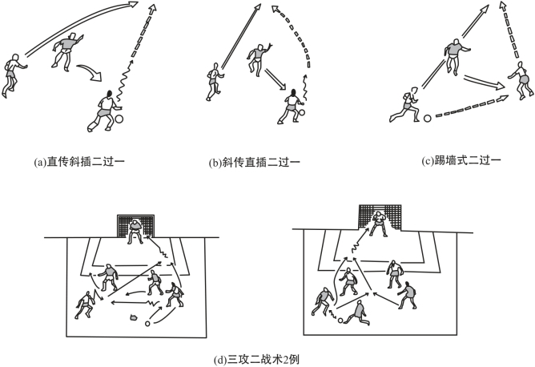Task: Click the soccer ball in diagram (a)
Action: tap(119, 119)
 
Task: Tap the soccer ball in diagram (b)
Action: tap(302, 112)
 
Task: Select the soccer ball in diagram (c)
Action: tap(427, 119)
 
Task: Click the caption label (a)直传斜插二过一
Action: tap(79, 162)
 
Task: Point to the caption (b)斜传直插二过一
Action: tap(254, 162)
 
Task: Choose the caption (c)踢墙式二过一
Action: tap(461, 160)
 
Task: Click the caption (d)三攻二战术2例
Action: tap(256, 360)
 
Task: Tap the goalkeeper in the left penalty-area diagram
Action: tap(135, 232)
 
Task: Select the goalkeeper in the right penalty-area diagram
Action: tap(377, 224)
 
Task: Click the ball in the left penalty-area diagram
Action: tap(147, 323)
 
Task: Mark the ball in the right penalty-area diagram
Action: tap(340, 321)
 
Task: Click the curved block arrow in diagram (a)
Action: tap(90, 72)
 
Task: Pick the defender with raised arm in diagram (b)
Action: tap(258, 58)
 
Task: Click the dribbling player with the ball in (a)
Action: tap(105, 111)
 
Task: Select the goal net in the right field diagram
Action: tap(380, 217)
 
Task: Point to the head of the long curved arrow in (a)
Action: tap(133, 4)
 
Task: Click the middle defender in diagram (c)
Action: tap(455, 56)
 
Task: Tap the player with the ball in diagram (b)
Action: tap(290, 107)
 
